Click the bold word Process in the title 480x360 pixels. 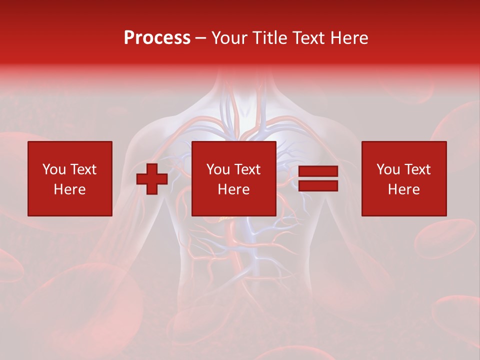(x=157, y=38)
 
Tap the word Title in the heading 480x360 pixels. (x=268, y=38)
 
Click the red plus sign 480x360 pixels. (x=152, y=179)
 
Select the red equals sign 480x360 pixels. (x=318, y=178)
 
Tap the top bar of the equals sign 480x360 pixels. (x=318, y=171)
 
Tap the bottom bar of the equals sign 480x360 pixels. (x=318, y=185)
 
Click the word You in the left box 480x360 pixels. (x=54, y=169)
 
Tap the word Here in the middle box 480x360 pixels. (x=234, y=189)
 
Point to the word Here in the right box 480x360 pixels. (x=404, y=189)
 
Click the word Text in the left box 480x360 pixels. (x=83, y=169)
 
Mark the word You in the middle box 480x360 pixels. (x=218, y=169)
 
